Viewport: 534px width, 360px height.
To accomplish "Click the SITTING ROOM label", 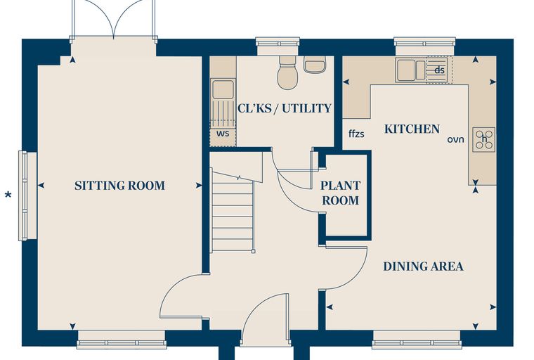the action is point(119,186).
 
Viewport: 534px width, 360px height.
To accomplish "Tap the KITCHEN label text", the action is point(412,129).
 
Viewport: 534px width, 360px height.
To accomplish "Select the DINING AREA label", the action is point(423,266).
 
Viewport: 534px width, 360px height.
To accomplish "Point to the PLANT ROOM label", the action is point(341,193).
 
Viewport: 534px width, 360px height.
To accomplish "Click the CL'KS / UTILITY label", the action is point(285,108).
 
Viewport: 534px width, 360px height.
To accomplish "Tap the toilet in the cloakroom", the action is point(288,72).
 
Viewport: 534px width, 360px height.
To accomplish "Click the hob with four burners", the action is point(484,139).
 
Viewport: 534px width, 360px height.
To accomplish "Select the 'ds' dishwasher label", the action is point(440,70).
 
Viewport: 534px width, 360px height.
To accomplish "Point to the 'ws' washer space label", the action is point(223,134).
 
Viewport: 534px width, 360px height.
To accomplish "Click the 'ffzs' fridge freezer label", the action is point(356,134).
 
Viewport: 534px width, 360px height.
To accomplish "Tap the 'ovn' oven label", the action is point(456,139).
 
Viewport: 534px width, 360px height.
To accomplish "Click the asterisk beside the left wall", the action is point(8,195).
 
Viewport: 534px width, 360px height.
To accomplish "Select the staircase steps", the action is point(233,212).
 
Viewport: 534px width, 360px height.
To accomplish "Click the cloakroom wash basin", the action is point(315,65).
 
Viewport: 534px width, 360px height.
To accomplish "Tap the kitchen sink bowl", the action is point(406,70).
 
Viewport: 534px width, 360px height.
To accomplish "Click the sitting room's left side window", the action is point(27,196).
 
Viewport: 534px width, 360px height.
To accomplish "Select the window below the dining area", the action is point(417,340).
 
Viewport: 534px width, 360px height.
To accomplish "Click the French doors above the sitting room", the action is point(114,20).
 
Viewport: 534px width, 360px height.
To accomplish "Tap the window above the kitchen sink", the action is point(424,46).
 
